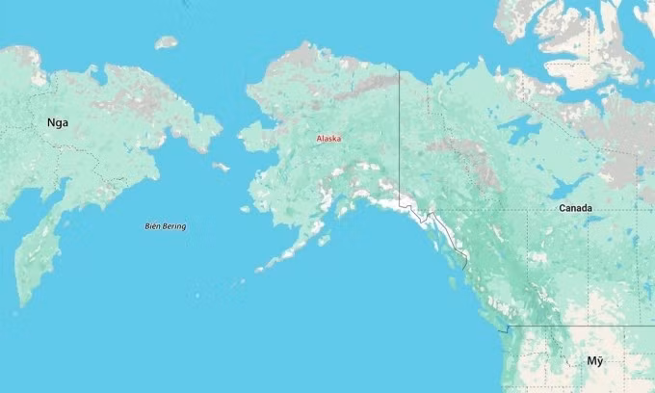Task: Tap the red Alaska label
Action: coord(328,139)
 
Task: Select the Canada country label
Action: coord(575,208)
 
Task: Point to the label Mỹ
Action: coord(595,360)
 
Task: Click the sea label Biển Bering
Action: coord(166,226)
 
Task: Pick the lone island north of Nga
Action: coord(167,42)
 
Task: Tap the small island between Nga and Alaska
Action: coord(222,167)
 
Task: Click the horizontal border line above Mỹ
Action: coord(578,326)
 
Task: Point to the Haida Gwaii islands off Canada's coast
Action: coord(453,280)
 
